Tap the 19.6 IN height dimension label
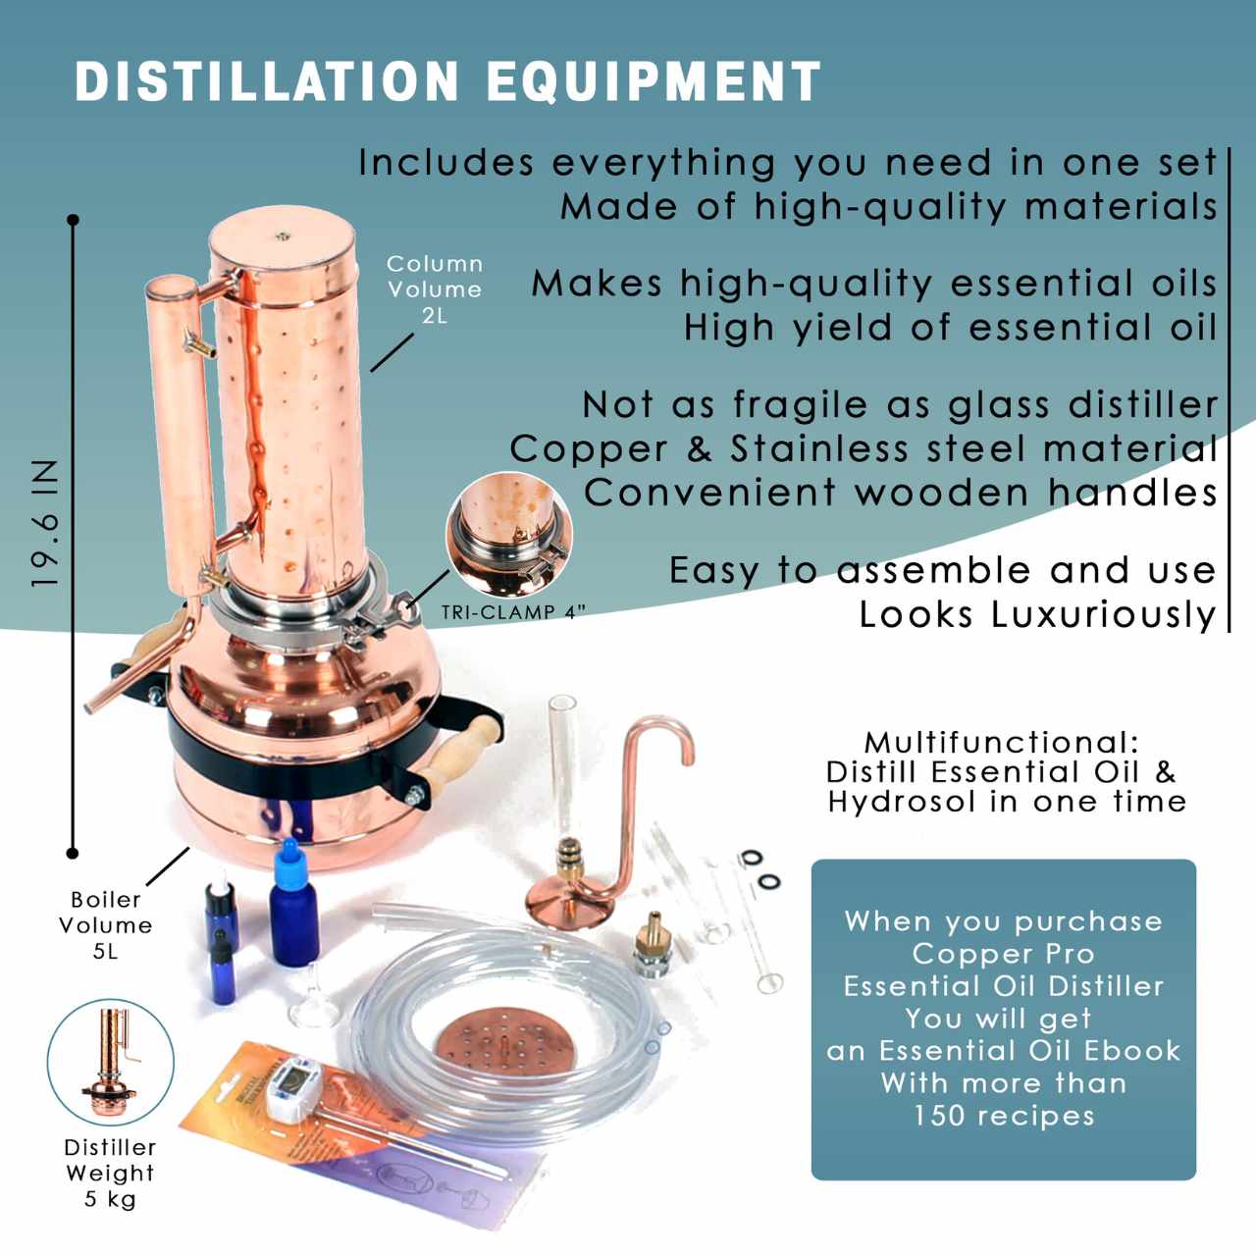45,524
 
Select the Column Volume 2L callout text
434,289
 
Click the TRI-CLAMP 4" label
513,612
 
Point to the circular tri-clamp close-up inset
509,534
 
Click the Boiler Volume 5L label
105,924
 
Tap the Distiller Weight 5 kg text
110,1173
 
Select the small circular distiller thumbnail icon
111,1063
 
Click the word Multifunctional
1001,743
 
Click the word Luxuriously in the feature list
1104,614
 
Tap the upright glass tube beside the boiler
563,746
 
